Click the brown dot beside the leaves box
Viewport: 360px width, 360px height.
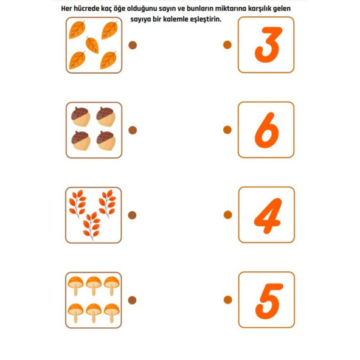pyautogui.click(x=133, y=45)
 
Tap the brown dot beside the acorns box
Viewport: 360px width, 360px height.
pyautogui.click(x=133, y=130)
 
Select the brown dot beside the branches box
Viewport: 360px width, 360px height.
pyautogui.click(x=132, y=215)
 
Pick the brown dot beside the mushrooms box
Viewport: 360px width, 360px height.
pyautogui.click(x=132, y=300)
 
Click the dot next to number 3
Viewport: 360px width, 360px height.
pyautogui.click(x=227, y=45)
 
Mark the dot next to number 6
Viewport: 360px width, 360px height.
pyautogui.click(x=227, y=130)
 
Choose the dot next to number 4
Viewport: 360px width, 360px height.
pyautogui.click(x=228, y=215)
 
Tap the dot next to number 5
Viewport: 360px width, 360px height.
pyautogui.click(x=228, y=300)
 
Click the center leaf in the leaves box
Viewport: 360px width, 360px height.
pyautogui.click(x=92, y=45)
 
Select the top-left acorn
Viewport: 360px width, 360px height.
pyautogui.click(x=81, y=116)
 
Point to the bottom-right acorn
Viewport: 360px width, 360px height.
pyautogui.click(x=106, y=140)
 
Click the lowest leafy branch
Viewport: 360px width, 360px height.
pyautogui.click(x=92, y=226)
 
